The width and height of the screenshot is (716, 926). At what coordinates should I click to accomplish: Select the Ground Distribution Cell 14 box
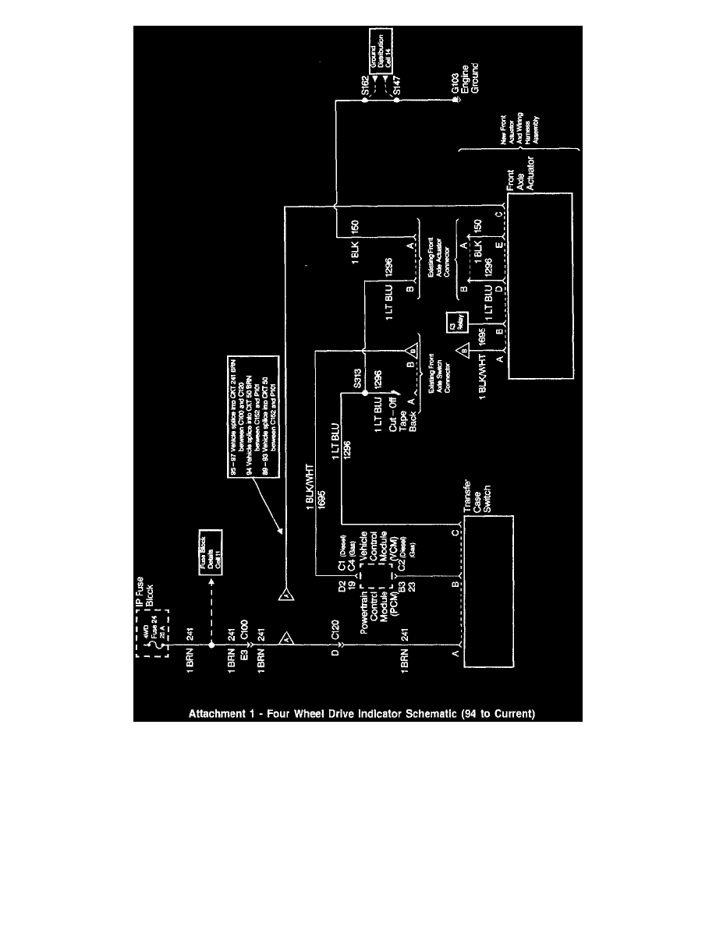tap(383, 50)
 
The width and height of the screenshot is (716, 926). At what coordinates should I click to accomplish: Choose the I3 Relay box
tap(453, 323)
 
